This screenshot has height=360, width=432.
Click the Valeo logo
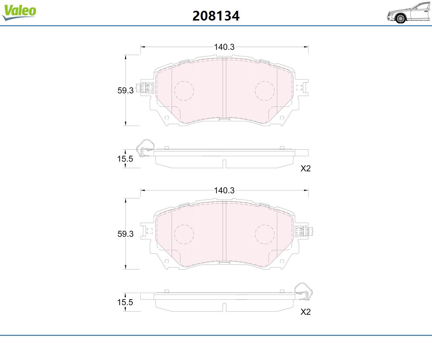19,12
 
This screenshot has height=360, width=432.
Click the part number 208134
216,16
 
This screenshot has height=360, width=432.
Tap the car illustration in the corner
409,13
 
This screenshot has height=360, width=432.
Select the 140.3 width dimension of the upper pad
224,47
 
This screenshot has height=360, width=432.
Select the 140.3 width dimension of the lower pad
224,190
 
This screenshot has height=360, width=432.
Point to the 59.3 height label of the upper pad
125,90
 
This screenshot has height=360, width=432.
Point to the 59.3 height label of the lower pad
125,234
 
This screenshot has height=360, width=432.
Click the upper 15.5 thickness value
125,159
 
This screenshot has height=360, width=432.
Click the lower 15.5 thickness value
125,302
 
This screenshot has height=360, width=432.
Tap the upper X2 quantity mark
306,168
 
